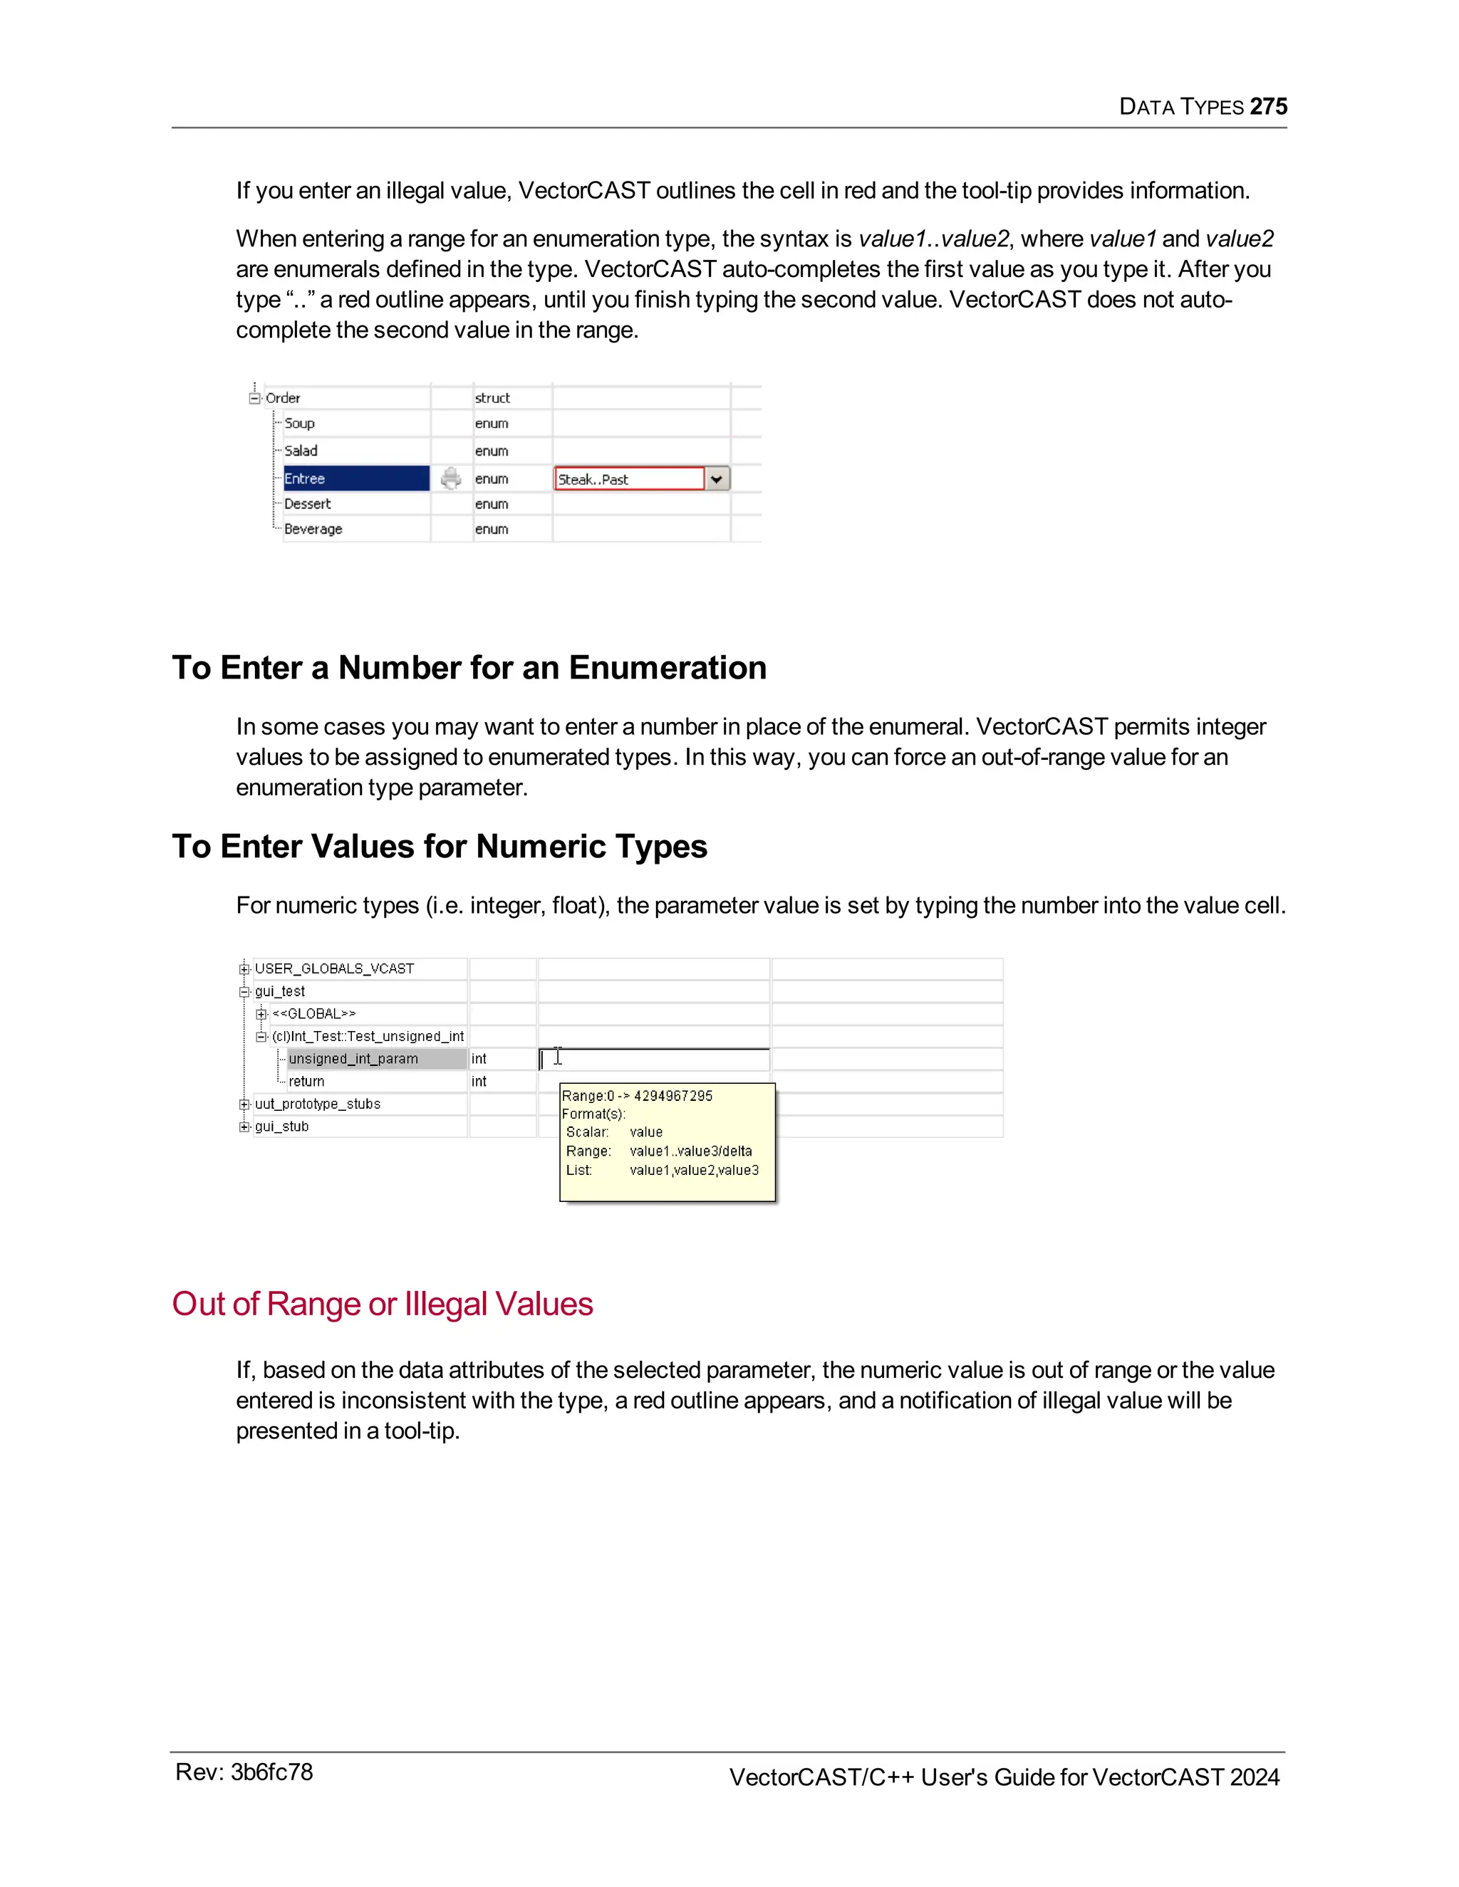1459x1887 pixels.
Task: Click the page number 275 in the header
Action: click(x=1268, y=106)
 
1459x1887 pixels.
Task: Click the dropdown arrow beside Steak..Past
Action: click(x=717, y=479)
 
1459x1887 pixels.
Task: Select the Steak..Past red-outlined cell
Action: click(x=629, y=479)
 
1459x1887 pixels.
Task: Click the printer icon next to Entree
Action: click(x=451, y=479)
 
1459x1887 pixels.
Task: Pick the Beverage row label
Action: click(x=313, y=529)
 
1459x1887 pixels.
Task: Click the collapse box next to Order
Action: click(x=254, y=398)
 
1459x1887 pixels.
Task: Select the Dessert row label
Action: click(x=308, y=503)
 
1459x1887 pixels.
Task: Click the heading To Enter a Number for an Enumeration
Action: click(x=469, y=668)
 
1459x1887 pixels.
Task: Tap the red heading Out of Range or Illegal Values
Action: click(x=382, y=1304)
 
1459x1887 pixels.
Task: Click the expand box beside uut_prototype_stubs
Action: click(x=244, y=1104)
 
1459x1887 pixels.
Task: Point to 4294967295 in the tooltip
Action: click(x=673, y=1096)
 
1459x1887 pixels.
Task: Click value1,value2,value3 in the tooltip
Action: click(x=694, y=1170)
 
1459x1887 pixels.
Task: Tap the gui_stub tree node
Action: click(x=282, y=1127)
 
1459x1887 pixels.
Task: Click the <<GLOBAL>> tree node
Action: click(x=313, y=1013)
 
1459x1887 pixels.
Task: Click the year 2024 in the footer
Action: click(x=1254, y=1777)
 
